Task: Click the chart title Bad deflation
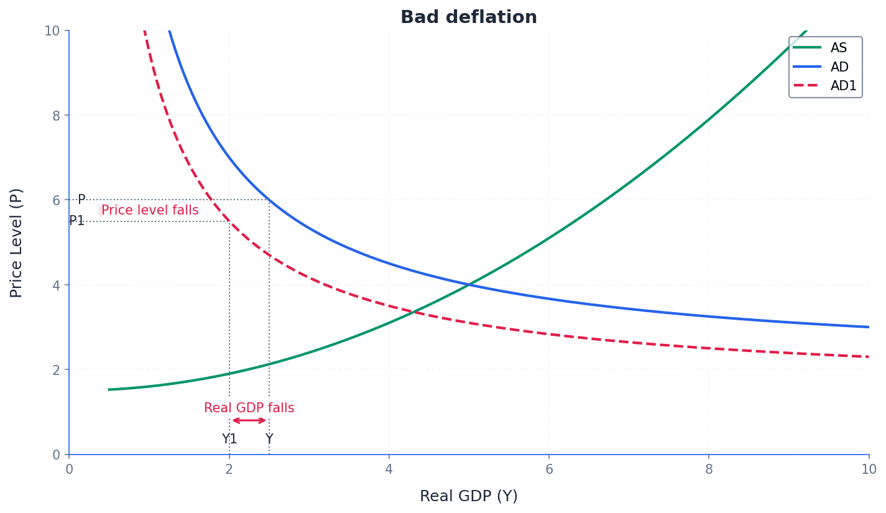point(468,17)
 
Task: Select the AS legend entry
point(838,48)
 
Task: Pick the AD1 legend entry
point(843,86)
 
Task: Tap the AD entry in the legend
point(839,67)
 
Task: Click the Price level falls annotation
point(150,211)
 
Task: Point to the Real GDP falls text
point(249,409)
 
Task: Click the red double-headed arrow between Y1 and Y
point(249,421)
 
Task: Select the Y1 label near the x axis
point(229,440)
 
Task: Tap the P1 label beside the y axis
point(76,221)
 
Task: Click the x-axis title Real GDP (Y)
point(468,496)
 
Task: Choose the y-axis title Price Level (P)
point(17,243)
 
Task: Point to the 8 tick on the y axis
point(57,115)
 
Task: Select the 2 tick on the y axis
point(57,369)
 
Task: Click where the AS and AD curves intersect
point(469,285)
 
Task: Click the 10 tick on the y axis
point(52,30)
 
